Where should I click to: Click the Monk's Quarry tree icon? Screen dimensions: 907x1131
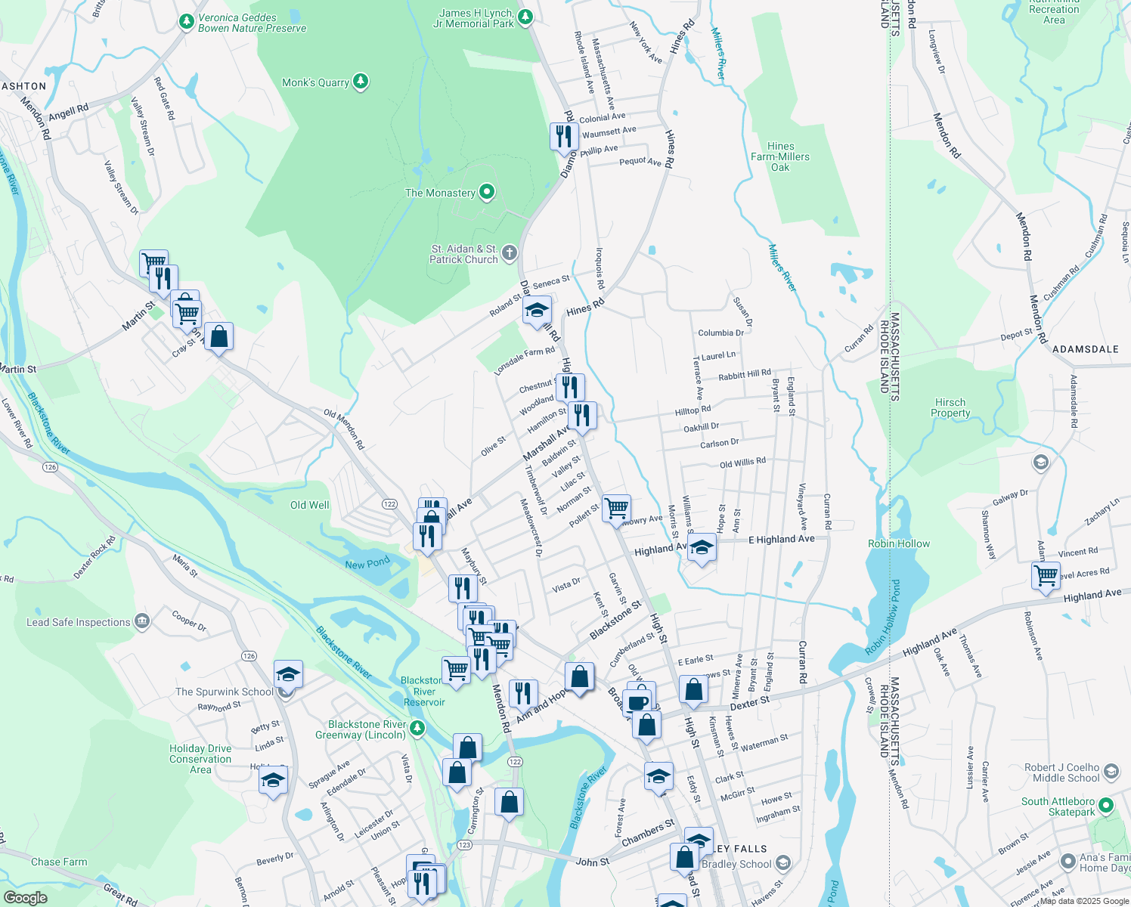pyautogui.click(x=361, y=82)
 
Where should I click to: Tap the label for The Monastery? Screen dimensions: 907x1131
pyautogui.click(x=440, y=193)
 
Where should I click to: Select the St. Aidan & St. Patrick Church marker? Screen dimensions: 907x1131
pyautogui.click(x=510, y=253)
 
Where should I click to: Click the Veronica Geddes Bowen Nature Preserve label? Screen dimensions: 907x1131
pyautogui.click(x=252, y=23)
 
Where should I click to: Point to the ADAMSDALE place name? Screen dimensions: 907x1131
pyautogui.click(x=1085, y=349)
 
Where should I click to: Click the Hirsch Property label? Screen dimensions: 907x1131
pyautogui.click(x=950, y=408)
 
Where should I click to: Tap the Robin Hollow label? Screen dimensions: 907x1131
pyautogui.click(x=899, y=543)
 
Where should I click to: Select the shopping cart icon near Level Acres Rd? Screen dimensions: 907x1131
pyautogui.click(x=1046, y=575)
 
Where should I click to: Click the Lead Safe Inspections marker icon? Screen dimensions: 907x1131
pyautogui.click(x=141, y=622)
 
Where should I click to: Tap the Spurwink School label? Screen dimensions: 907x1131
pyautogui.click(x=225, y=692)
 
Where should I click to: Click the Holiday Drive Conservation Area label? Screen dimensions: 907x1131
pyautogui.click(x=200, y=759)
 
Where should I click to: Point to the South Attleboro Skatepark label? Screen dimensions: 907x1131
pyautogui.click(x=1058, y=806)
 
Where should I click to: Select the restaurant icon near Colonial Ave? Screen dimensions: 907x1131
pyautogui.click(x=564, y=137)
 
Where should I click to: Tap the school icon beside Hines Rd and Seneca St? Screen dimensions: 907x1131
pyautogui.click(x=537, y=310)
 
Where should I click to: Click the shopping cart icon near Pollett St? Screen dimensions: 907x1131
pyautogui.click(x=616, y=508)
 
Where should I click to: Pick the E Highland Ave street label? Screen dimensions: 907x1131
pyautogui.click(x=781, y=539)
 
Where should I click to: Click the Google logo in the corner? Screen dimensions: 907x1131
pyautogui.click(x=25, y=898)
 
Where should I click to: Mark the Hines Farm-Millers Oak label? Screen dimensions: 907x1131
pyautogui.click(x=780, y=156)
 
